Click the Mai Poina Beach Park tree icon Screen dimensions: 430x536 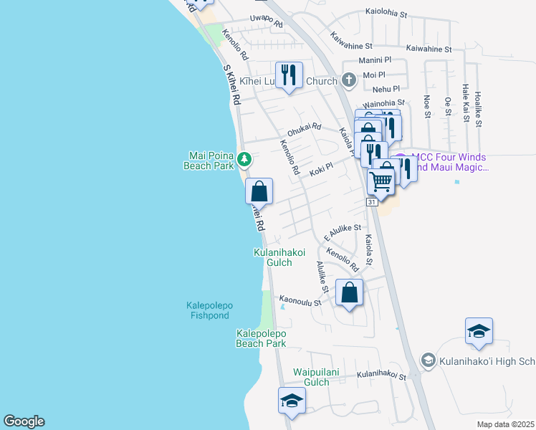(x=245, y=158)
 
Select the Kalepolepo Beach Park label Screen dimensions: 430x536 (x=261, y=338)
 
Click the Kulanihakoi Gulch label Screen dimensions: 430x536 (x=279, y=257)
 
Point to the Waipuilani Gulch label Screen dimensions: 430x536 (x=320, y=377)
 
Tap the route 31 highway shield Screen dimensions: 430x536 (x=371, y=203)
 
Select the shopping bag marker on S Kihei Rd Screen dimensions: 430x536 (x=259, y=191)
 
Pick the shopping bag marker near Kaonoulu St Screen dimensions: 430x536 (x=349, y=292)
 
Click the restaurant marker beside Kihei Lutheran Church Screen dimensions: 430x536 (x=289, y=75)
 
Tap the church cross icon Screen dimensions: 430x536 (x=348, y=80)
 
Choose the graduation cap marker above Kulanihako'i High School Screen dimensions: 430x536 (x=479, y=331)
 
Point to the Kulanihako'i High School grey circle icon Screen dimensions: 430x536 (x=428, y=360)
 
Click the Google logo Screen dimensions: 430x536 (x=24, y=421)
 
